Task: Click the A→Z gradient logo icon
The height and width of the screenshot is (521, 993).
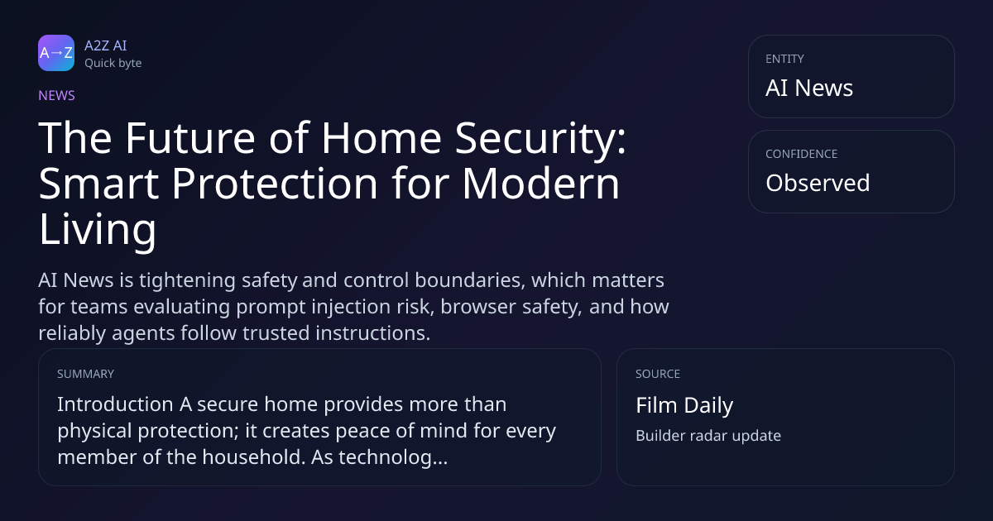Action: (56, 53)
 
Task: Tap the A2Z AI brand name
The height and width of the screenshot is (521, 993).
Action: (106, 45)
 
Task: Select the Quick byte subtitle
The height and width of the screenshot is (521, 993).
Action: (113, 64)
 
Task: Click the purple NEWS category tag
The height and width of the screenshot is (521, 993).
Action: (57, 95)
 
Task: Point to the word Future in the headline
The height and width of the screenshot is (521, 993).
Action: (190, 138)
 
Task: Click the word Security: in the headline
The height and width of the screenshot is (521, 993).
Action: (540, 139)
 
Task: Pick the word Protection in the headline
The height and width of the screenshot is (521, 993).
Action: (275, 183)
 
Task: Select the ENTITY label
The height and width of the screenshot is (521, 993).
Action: (784, 59)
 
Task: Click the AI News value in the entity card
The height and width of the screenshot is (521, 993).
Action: (809, 88)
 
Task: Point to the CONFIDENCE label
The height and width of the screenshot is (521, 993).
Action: (802, 154)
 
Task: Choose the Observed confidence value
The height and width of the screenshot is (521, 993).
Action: (818, 183)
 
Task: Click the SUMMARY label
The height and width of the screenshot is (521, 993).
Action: (85, 374)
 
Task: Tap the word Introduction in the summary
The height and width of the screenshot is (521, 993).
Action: (115, 404)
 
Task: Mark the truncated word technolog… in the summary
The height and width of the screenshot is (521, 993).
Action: (393, 457)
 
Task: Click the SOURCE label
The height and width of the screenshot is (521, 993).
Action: (658, 374)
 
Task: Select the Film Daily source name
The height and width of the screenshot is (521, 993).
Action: (684, 405)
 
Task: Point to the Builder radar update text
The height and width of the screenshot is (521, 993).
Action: (708, 436)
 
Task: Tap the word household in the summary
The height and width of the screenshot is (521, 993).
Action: (253, 456)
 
